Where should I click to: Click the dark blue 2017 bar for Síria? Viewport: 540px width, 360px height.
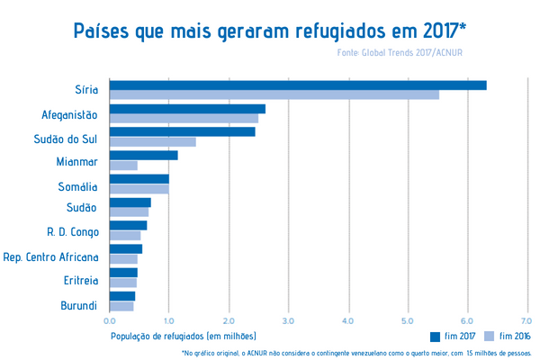pyautogui.click(x=297, y=85)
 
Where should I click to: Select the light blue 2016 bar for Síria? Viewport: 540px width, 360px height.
pyautogui.click(x=274, y=95)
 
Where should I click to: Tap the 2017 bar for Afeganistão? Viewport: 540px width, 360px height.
pyautogui.click(x=187, y=109)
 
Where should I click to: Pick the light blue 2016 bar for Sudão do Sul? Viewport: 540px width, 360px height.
pyautogui.click(x=152, y=142)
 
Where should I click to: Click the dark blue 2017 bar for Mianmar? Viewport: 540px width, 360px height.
pyautogui.click(x=143, y=156)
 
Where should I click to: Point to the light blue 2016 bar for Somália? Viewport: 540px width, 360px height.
pyautogui.click(x=139, y=189)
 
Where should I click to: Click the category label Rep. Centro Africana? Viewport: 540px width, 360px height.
pyautogui.click(x=50, y=257)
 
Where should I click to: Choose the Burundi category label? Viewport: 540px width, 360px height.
pyautogui.click(x=78, y=306)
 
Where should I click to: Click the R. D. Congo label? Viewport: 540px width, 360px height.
pyautogui.click(x=72, y=233)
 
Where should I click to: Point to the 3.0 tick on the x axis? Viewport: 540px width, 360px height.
pyautogui.click(x=288, y=319)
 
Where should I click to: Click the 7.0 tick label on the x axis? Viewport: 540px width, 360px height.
pyautogui.click(x=526, y=319)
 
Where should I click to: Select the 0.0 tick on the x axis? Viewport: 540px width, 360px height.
pyautogui.click(x=110, y=319)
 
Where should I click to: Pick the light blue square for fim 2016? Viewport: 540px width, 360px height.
pyautogui.click(x=490, y=336)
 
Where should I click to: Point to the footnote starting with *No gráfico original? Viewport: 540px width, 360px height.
pyautogui.click(x=350, y=353)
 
